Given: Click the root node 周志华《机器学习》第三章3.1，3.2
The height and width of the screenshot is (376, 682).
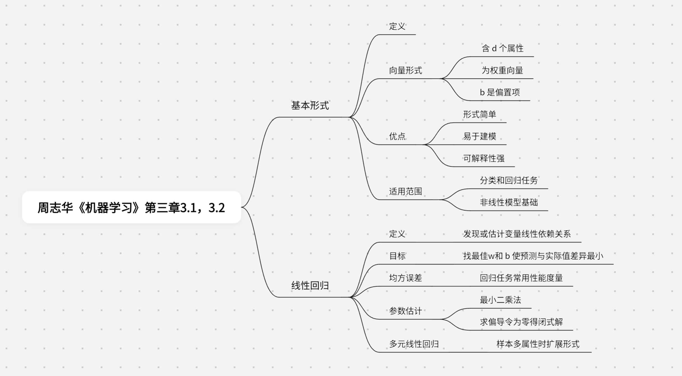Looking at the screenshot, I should [x=131, y=208].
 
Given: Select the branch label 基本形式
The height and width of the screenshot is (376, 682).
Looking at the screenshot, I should [x=310, y=106].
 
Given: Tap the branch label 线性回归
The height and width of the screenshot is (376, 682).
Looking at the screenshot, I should [x=310, y=286].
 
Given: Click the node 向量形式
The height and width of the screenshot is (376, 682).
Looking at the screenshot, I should [x=405, y=70].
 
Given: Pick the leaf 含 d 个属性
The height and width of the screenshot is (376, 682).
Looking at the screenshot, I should [x=503, y=49].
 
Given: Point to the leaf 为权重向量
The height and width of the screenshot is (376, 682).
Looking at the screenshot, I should [x=502, y=70].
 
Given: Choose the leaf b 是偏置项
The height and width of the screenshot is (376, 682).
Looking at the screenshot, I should [x=500, y=92].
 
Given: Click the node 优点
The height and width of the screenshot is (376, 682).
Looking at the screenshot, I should [x=397, y=136].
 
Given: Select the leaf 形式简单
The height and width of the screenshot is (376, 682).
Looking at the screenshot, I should [x=480, y=114].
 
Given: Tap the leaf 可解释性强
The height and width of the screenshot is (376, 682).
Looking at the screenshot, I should [x=484, y=159].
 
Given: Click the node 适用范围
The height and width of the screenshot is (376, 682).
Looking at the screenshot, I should [x=405, y=191].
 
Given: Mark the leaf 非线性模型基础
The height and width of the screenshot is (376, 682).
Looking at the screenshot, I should [x=509, y=202].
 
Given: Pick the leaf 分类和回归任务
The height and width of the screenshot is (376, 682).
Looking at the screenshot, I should [x=509, y=180].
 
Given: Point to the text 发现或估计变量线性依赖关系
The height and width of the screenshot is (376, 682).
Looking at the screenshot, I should [x=517, y=234].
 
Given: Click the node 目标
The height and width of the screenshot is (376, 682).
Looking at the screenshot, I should [x=397, y=256].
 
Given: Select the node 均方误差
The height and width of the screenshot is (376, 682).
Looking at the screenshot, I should [x=405, y=278].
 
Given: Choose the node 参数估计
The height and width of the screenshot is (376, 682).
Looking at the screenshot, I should [x=405, y=311].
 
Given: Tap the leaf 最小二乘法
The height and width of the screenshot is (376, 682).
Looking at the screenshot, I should [x=500, y=300].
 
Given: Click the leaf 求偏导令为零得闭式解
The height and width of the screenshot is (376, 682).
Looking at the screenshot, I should [x=521, y=322].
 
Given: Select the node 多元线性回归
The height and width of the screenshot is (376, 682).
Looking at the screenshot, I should [x=414, y=344].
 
